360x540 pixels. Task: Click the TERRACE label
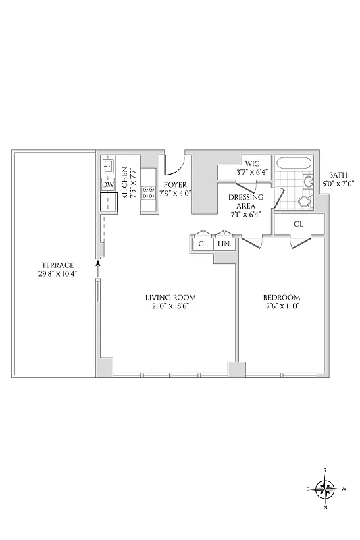pos(57,265)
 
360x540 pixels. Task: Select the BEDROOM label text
pos(282,297)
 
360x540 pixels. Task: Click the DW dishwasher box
pos(108,185)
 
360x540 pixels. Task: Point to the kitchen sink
pos(108,166)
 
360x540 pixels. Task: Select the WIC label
pos(252,163)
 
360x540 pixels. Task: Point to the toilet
pos(303,201)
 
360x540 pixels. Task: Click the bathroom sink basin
pos(309,182)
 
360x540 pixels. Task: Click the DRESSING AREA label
pos(241,202)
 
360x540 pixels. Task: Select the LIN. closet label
pos(225,243)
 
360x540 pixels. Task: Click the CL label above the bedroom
pos(299,224)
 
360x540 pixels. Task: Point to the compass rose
pos(326,488)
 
